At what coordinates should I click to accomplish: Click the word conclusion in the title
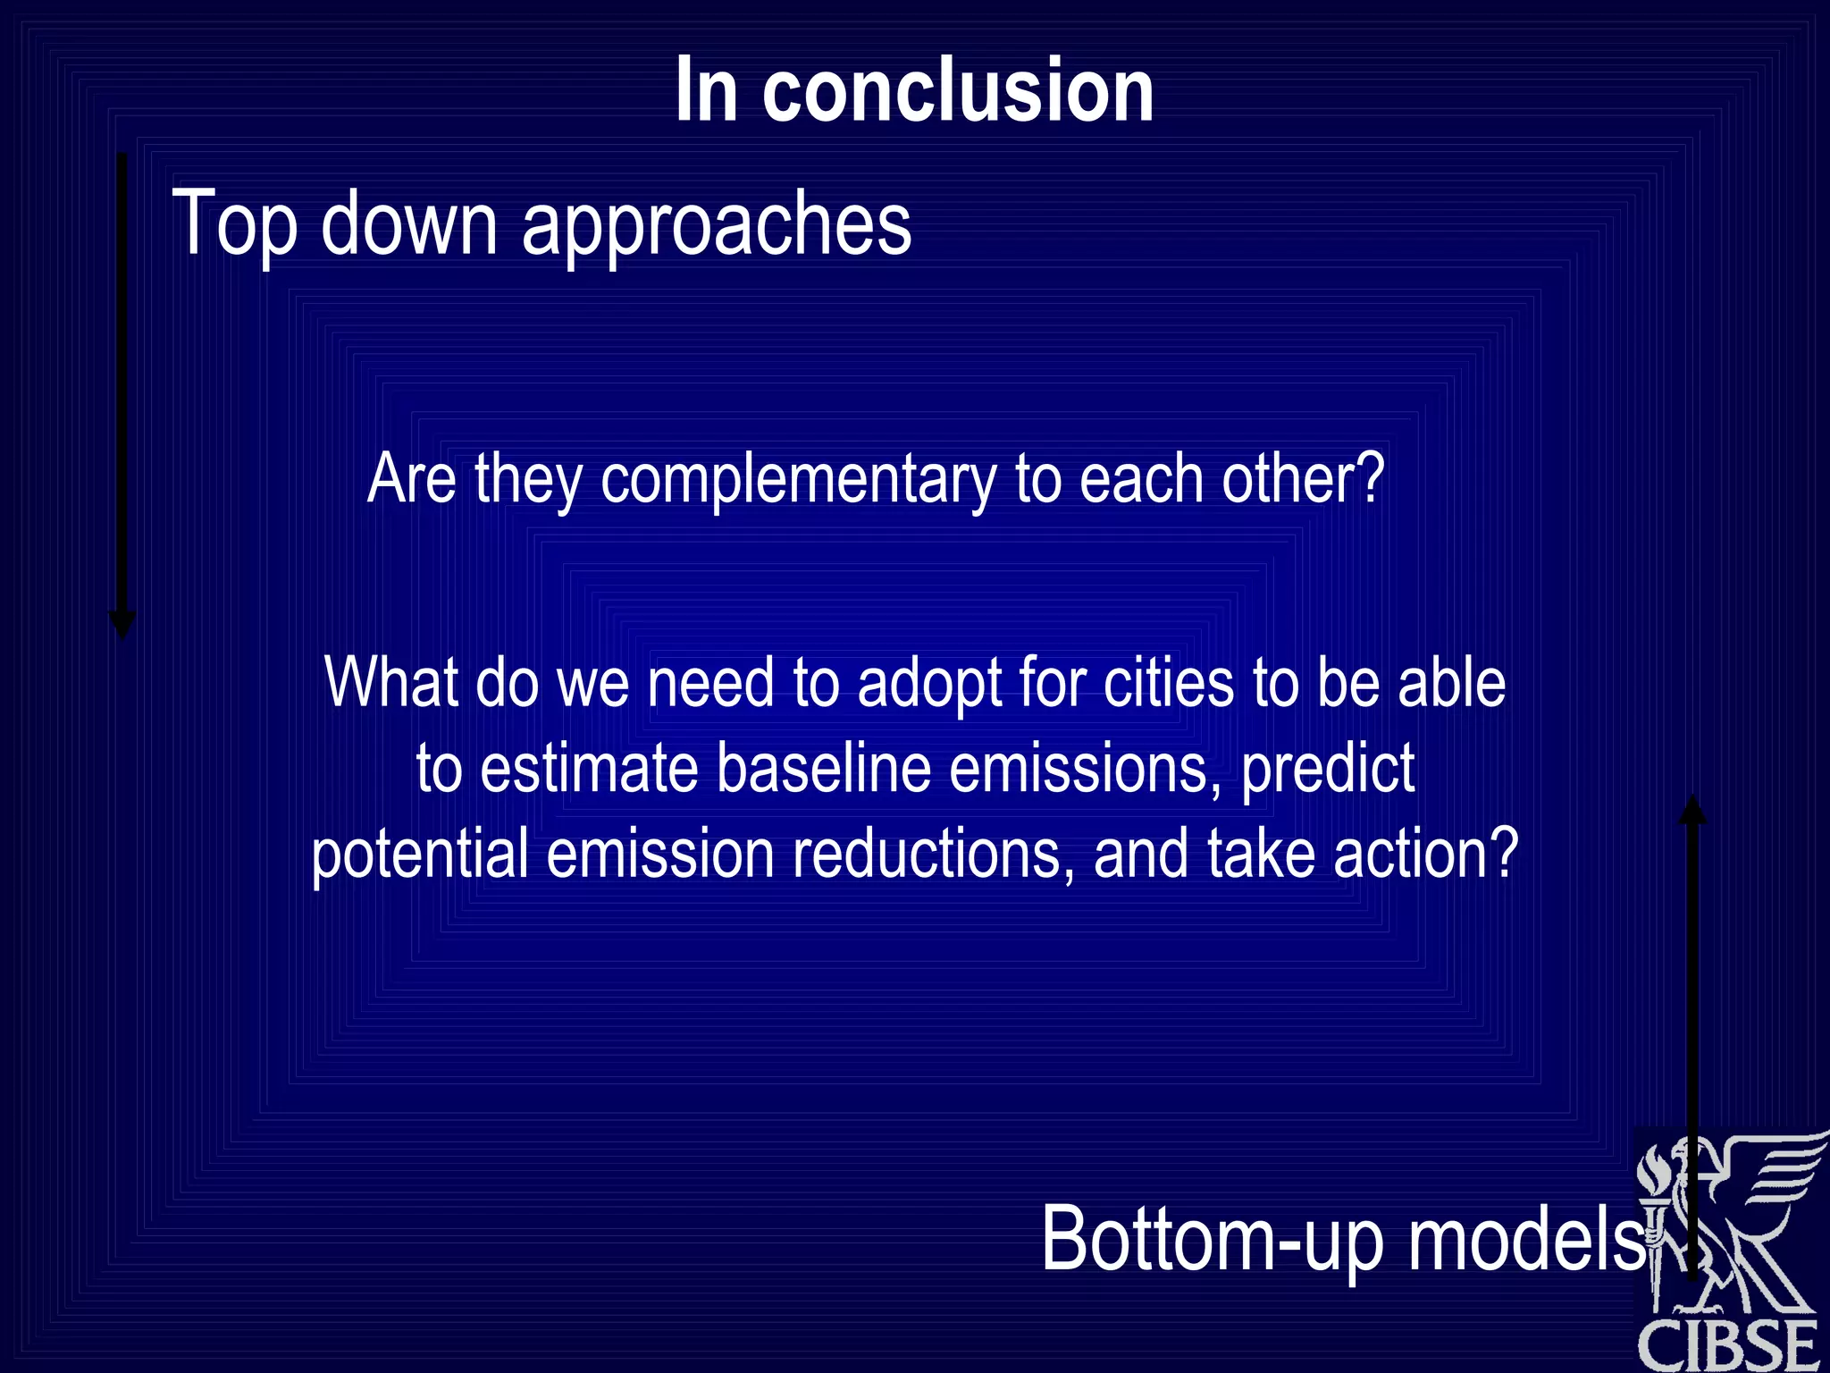click(x=958, y=90)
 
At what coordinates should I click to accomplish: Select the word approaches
click(x=716, y=224)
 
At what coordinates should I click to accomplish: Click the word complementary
click(x=798, y=480)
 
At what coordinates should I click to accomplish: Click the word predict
click(x=1328, y=769)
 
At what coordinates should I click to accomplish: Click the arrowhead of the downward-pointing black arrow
click(x=122, y=625)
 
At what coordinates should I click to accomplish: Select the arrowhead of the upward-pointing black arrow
click(x=1692, y=810)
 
